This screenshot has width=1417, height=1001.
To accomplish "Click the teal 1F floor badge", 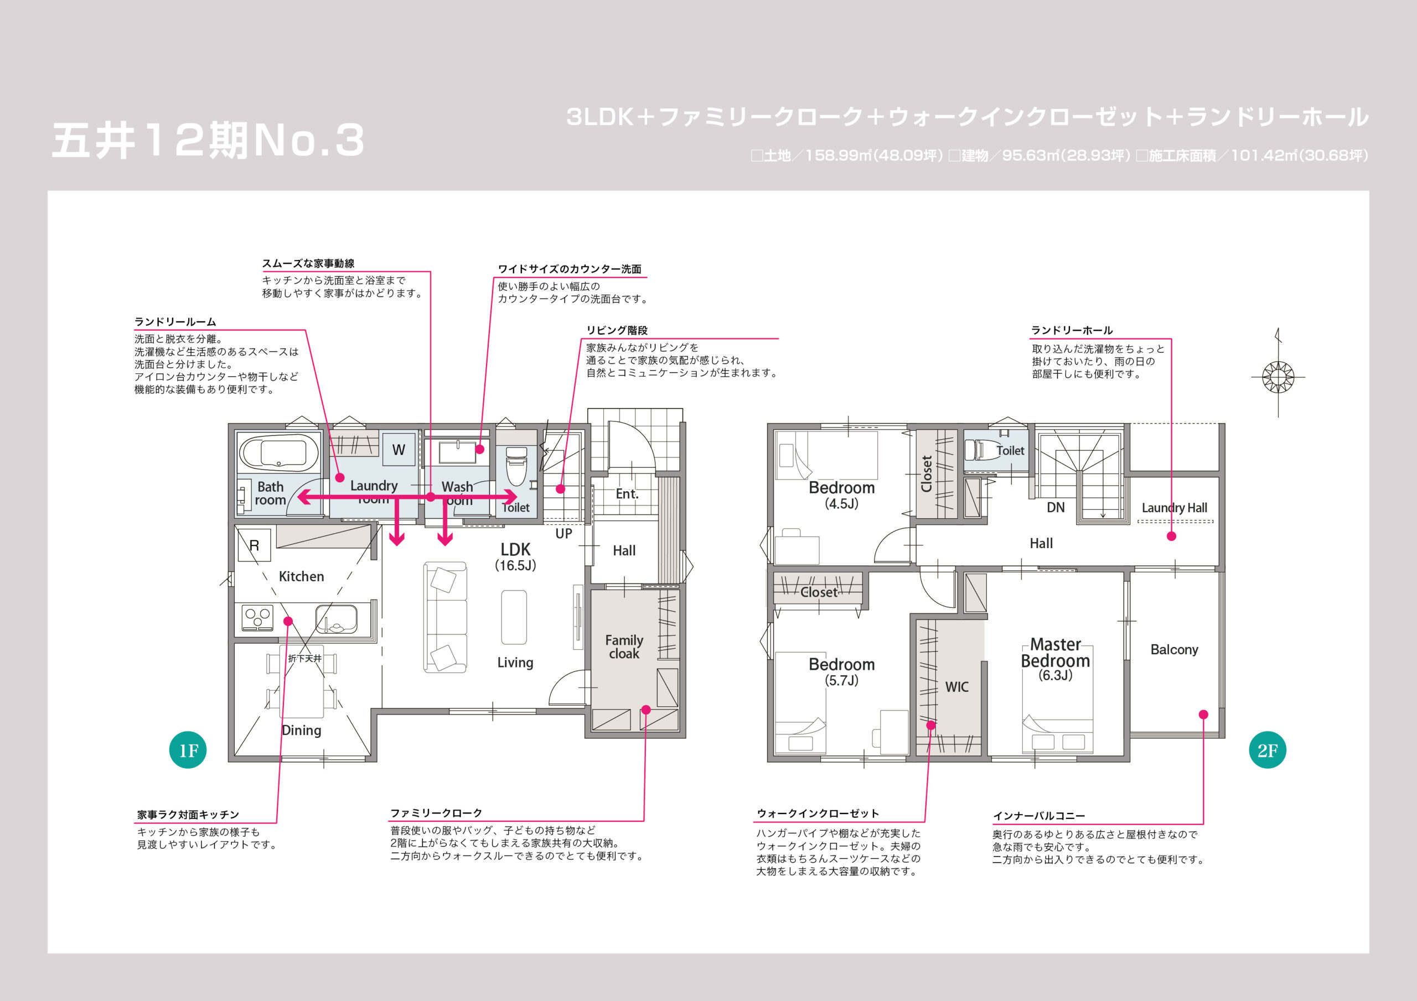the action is [x=188, y=750].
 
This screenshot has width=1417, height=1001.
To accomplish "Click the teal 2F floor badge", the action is [x=1267, y=750].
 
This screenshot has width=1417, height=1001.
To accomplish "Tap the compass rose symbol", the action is [x=1278, y=376].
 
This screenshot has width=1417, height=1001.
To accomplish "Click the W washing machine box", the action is [x=399, y=450].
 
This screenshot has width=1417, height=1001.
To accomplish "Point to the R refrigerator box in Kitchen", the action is [x=254, y=545].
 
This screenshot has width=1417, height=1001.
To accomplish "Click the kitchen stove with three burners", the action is [x=257, y=617].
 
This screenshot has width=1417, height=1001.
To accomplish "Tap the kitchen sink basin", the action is [x=336, y=619].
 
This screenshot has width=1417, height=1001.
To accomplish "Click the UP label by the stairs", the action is [x=563, y=534].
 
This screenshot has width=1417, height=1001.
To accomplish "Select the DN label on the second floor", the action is [x=1056, y=508].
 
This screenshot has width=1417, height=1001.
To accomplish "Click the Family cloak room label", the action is [x=624, y=647].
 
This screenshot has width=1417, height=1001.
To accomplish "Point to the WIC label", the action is [x=956, y=687].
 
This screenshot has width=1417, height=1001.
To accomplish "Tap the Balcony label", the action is [x=1174, y=649].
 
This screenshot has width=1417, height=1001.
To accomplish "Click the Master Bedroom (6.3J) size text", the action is [x=1056, y=675].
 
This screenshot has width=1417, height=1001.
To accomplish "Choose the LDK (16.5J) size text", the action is [x=515, y=566].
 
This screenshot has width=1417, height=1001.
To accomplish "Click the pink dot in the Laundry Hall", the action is [x=1171, y=536].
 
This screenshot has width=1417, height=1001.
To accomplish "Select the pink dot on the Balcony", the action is [x=1203, y=714].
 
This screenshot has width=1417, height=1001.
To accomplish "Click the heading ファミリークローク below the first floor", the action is [x=436, y=813].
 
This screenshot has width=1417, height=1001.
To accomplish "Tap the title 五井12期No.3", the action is [x=208, y=140].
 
